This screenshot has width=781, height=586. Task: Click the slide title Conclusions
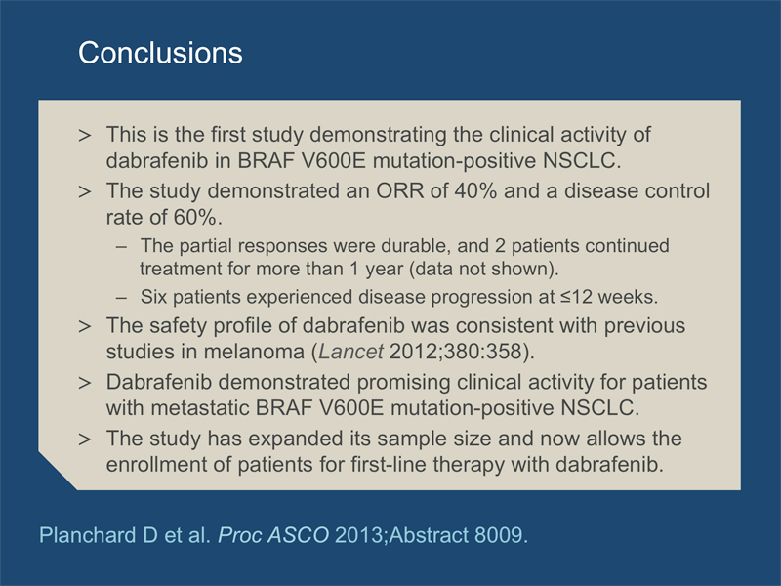pyautogui.click(x=160, y=53)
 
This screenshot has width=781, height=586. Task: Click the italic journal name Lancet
pyautogui.click(x=351, y=352)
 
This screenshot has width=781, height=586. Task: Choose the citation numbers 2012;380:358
pyautogui.click(x=456, y=352)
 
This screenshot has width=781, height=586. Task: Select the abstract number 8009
pyautogui.click(x=499, y=535)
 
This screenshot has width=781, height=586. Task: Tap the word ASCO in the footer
pyautogui.click(x=298, y=535)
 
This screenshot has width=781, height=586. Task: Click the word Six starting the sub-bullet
pyautogui.click(x=154, y=297)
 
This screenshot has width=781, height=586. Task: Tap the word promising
pyautogui.click(x=403, y=382)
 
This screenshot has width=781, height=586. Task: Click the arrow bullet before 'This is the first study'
pyautogui.click(x=85, y=135)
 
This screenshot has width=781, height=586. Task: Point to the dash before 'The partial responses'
pyautogui.click(x=121, y=246)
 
